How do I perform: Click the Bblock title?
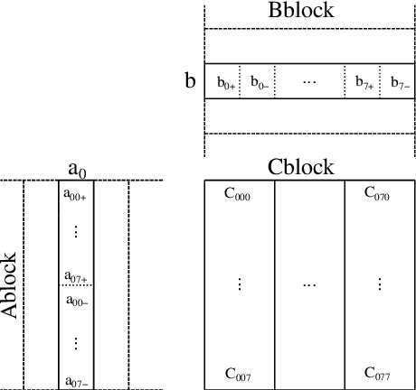[x=301, y=11]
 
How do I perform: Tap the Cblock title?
[x=301, y=167]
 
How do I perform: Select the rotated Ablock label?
[x=10, y=284]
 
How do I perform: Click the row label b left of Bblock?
[x=190, y=81]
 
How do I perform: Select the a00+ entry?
[x=75, y=193]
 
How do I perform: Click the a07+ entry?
[x=75, y=276]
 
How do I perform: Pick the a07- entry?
[x=75, y=382]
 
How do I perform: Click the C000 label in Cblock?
[x=238, y=193]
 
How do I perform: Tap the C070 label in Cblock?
[x=377, y=193]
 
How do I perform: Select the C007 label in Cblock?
[x=238, y=373]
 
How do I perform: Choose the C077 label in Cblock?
[x=377, y=373]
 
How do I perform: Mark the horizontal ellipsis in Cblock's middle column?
[x=309, y=283]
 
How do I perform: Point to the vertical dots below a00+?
[x=75, y=231]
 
